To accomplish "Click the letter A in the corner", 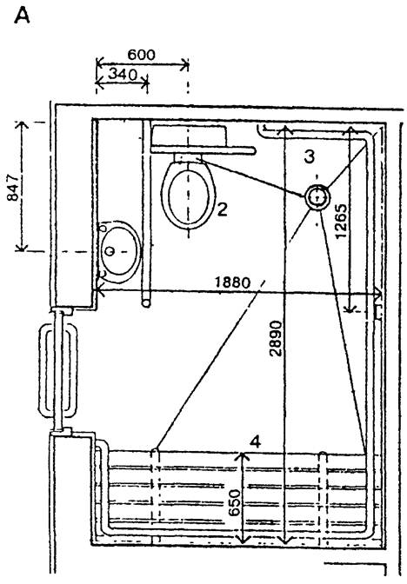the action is click(x=22, y=16).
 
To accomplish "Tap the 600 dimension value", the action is click(x=141, y=55).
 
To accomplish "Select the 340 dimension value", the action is click(x=123, y=75).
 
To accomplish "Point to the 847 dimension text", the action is click(x=13, y=188).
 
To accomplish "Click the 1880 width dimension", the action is click(x=233, y=282).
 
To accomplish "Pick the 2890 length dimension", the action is click(x=276, y=338).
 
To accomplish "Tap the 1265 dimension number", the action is click(x=341, y=221).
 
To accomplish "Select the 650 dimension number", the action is click(x=235, y=503).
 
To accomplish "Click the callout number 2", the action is click(x=222, y=209).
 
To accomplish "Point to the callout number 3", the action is click(x=310, y=156).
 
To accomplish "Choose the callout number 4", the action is click(x=256, y=442).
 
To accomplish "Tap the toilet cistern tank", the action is click(x=189, y=136).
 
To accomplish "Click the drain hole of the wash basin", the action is click(x=109, y=251).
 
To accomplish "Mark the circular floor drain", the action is click(x=317, y=196).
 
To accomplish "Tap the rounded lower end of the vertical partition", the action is click(x=146, y=303).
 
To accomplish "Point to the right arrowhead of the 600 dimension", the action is click(x=185, y=65).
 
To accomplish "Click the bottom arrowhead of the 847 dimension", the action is click(x=22, y=247).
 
